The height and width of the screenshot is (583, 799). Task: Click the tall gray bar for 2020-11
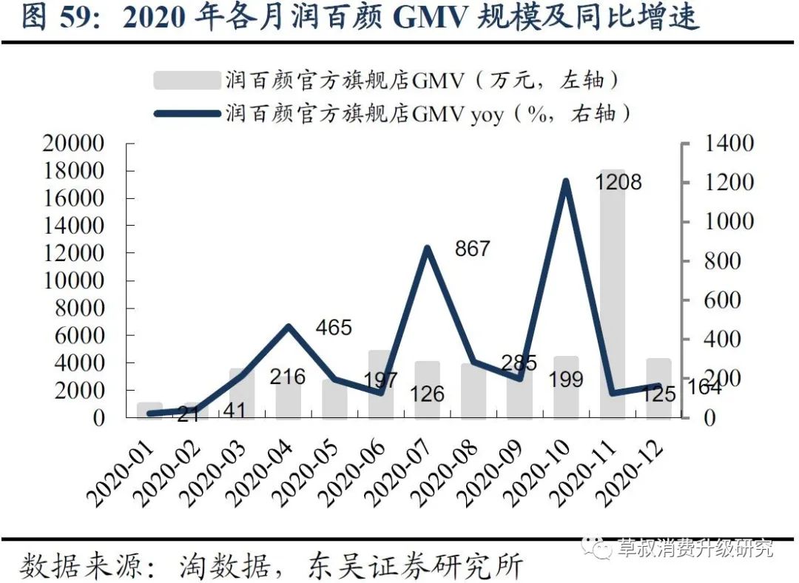613,296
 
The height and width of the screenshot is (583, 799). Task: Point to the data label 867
472,248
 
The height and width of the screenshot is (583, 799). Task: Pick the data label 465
333,327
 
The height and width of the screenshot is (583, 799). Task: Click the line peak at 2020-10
566,181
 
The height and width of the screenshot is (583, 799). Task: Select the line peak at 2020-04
289,326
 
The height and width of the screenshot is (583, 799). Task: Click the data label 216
287,377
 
